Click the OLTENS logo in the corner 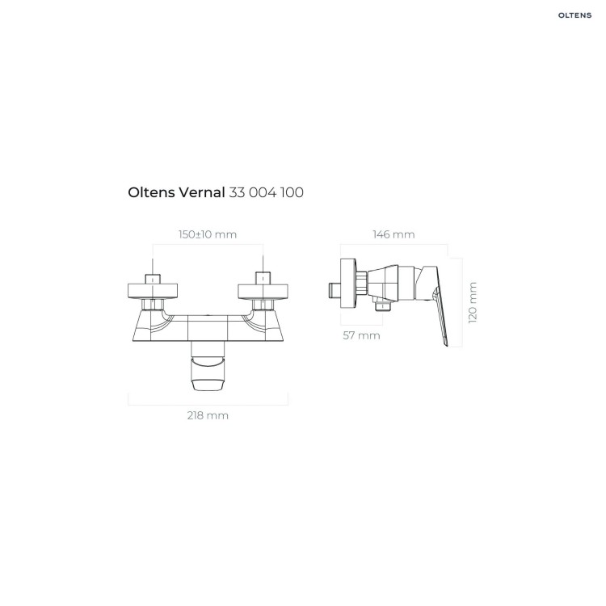pos(574,15)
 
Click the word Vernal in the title pos(201,192)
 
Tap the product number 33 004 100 pos(267,192)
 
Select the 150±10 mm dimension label pos(208,234)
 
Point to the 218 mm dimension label pos(208,415)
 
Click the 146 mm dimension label pos(393,234)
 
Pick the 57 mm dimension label pos(361,335)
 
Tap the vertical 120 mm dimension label pos(473,303)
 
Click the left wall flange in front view pos(153,291)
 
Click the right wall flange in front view pos(263,291)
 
